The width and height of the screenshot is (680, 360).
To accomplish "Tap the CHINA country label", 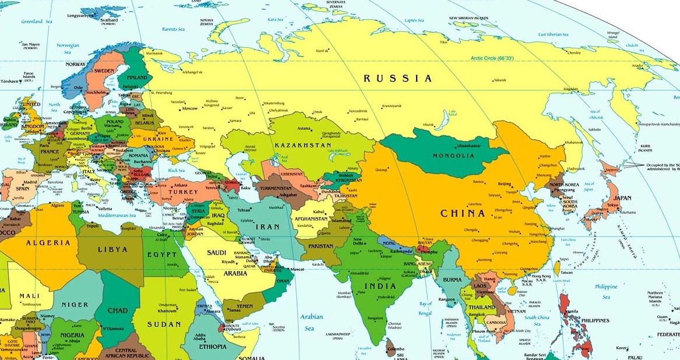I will [x=463, y=213].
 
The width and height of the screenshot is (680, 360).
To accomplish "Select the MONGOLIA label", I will [x=453, y=156].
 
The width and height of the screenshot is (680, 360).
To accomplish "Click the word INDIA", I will [x=379, y=286].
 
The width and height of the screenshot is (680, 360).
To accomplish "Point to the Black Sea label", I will [x=176, y=170].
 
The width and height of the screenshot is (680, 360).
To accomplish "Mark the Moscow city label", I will [x=190, y=108].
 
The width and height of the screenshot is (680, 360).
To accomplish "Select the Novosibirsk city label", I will [x=358, y=111].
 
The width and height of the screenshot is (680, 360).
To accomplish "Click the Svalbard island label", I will [x=109, y=20].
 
